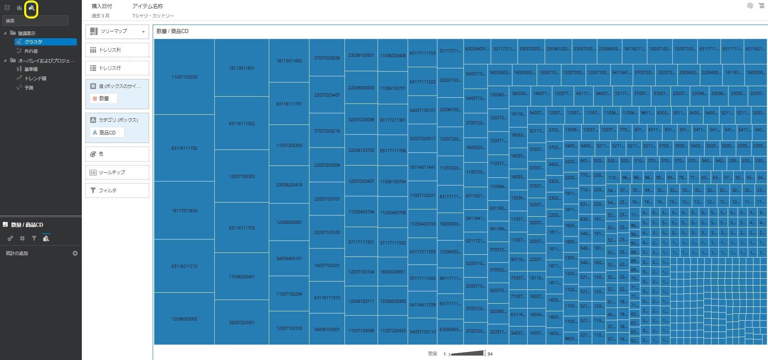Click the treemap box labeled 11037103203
coord(184,77)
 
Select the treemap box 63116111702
coord(184,148)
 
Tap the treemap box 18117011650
coord(184,211)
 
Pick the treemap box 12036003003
coord(184,319)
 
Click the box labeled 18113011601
coord(242,68)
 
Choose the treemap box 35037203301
coord(242,323)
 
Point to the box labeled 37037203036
coord(327,58)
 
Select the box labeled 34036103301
coord(327,329)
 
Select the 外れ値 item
coord(31,51)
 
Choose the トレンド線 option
coord(35,79)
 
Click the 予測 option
coord(29,87)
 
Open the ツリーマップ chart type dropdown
coord(117,31)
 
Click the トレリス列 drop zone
coord(117,50)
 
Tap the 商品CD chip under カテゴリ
coord(107,132)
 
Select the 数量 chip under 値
coord(104,98)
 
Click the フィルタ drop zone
coord(117,190)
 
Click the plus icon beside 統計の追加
coord(75,253)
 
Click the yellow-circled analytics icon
coord(31,8)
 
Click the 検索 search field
coord(35,21)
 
